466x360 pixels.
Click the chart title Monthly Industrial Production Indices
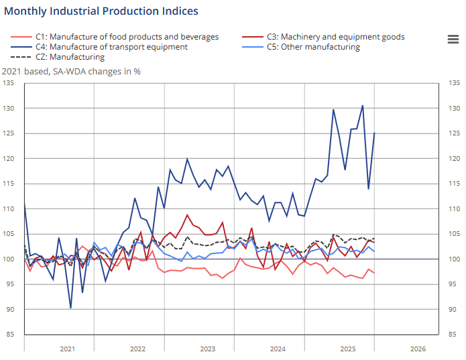point(101,11)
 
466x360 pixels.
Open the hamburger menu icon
point(453,39)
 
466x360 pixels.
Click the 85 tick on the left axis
point(10,335)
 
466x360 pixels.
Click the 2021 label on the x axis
point(67,349)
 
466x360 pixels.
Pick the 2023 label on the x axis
point(207,349)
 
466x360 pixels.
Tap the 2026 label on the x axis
point(417,349)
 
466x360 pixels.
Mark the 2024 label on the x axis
point(277,349)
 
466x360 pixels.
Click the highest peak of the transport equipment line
point(363,105)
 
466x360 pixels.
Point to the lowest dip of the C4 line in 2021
point(70,308)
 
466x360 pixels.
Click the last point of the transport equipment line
point(374,133)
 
